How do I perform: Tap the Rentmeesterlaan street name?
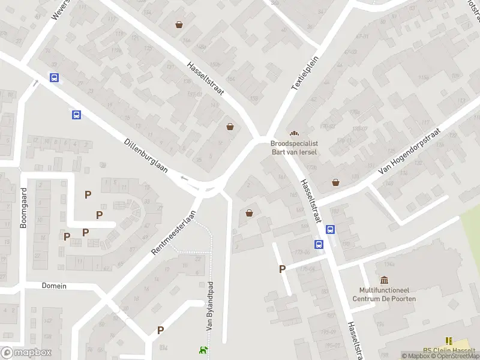click(175, 233)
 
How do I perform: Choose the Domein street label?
click(54, 286)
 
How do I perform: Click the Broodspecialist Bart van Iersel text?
click(294, 148)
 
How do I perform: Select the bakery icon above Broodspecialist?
click(294, 133)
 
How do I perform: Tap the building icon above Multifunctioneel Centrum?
click(384, 280)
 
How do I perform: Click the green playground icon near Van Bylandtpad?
click(204, 350)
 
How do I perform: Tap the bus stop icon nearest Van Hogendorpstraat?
click(330, 229)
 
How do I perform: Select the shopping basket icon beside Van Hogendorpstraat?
click(335, 182)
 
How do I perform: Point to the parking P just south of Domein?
click(160, 330)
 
